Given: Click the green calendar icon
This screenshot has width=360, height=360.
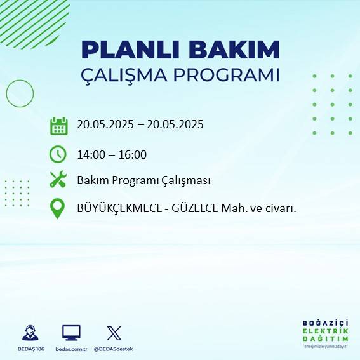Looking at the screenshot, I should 58,126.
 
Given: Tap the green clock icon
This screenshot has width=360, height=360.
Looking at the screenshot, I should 58,154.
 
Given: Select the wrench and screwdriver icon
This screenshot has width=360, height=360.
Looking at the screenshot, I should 58,180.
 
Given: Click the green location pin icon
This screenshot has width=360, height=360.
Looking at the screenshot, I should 58,208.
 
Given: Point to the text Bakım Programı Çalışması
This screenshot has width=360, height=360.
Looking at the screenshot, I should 143,180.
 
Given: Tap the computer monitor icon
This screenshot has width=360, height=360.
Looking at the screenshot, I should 71,332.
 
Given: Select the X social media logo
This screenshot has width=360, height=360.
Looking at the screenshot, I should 114,333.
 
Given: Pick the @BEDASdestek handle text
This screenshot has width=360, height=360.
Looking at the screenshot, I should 114,349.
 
